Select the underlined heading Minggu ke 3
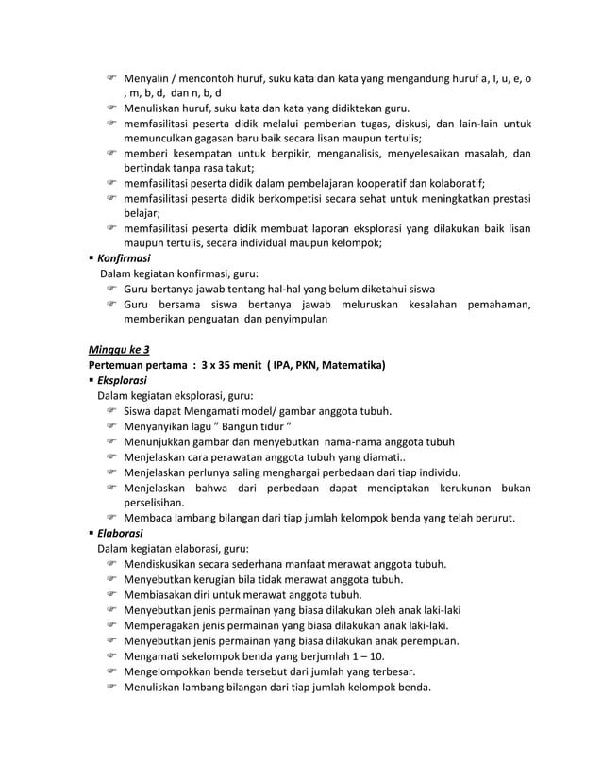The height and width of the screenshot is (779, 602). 118,349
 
